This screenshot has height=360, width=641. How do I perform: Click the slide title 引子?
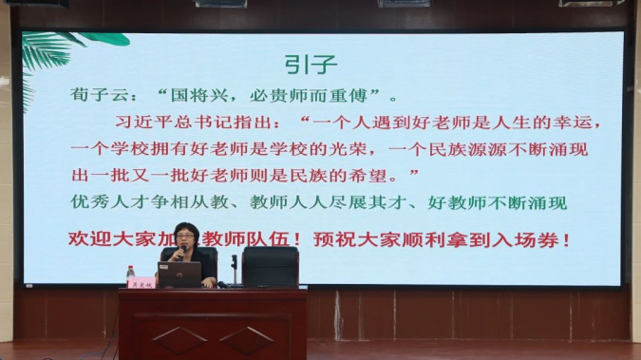311,64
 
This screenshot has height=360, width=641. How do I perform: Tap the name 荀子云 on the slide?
95,96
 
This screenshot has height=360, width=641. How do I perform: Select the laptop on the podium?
179,275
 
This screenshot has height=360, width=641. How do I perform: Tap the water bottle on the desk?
130,275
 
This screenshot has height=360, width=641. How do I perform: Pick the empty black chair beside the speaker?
270,266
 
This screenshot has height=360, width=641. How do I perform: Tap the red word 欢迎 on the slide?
85,239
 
